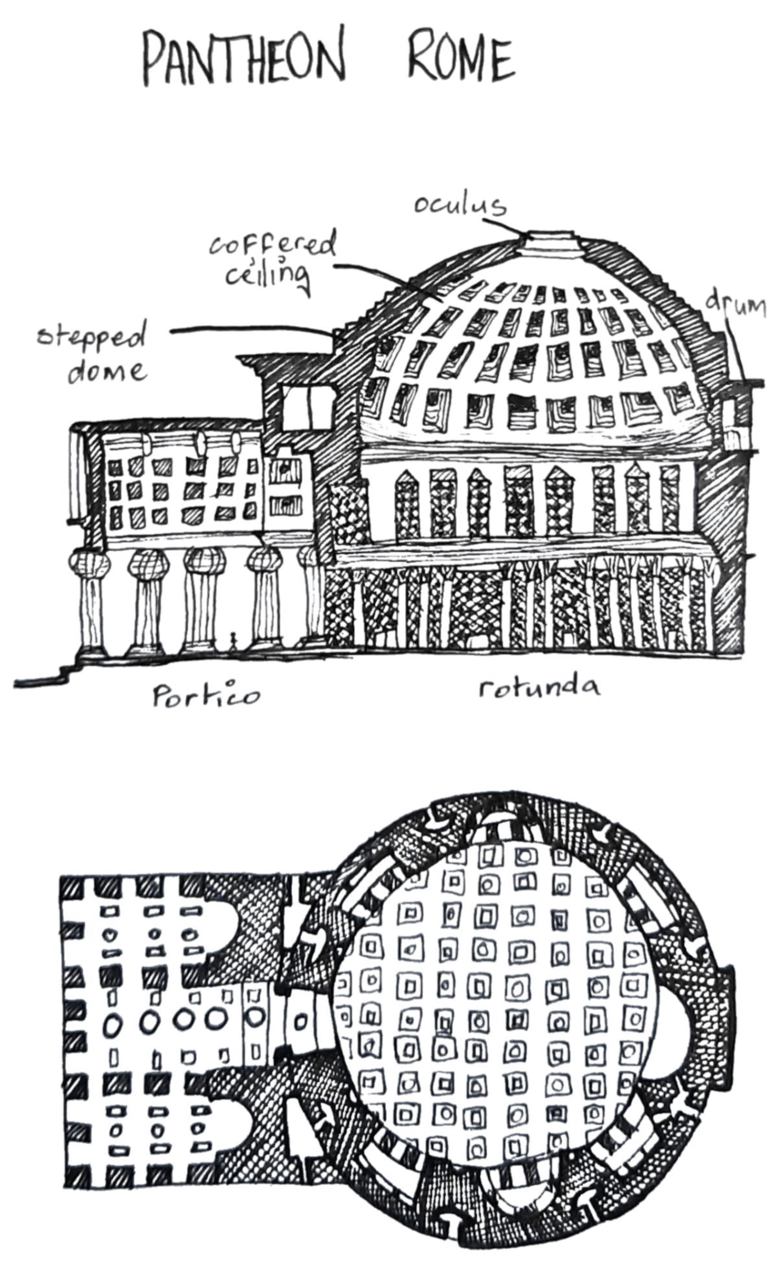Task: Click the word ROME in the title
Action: click(461, 57)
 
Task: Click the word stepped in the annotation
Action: click(92, 339)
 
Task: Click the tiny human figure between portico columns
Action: click(233, 641)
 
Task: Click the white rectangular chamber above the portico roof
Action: click(308, 406)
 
